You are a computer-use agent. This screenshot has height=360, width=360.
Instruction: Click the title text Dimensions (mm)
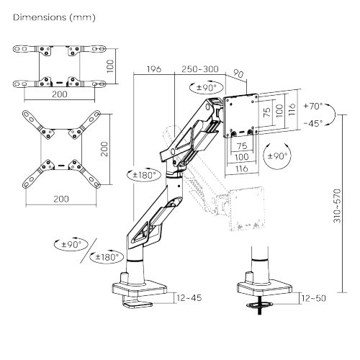(x=54, y=17)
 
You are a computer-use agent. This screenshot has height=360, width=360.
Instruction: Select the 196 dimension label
(x=154, y=69)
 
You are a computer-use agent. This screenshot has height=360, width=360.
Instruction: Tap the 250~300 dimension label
(x=200, y=69)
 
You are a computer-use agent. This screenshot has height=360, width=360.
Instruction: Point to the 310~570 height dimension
(x=337, y=206)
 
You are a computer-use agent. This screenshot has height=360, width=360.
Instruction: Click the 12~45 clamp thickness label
(x=189, y=298)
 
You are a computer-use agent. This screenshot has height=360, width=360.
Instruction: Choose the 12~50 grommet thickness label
(x=314, y=298)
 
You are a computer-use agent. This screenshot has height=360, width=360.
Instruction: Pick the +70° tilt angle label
(x=313, y=106)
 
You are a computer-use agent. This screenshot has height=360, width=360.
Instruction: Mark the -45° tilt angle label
(x=313, y=123)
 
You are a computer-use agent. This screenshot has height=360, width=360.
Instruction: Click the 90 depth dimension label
(x=238, y=73)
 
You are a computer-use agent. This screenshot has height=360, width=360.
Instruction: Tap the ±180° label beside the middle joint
(x=144, y=175)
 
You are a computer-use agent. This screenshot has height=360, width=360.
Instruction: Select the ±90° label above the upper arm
(x=207, y=87)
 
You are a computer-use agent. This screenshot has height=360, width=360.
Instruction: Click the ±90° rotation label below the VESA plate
(x=277, y=156)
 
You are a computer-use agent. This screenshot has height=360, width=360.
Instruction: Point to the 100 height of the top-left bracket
(x=110, y=66)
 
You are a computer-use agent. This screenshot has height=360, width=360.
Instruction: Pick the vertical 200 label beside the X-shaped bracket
(x=104, y=149)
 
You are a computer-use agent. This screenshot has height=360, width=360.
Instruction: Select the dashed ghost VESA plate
(x=247, y=209)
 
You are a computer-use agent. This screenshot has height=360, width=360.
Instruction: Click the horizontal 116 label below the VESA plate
(x=241, y=168)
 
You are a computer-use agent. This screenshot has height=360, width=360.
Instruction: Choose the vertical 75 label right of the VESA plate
(x=267, y=112)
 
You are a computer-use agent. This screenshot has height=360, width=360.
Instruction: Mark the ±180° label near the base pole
(x=107, y=258)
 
